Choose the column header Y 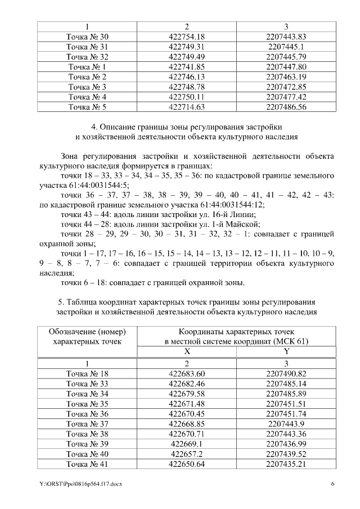point(286,350)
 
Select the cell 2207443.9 point(286,424)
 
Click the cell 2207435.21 point(286,464)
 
